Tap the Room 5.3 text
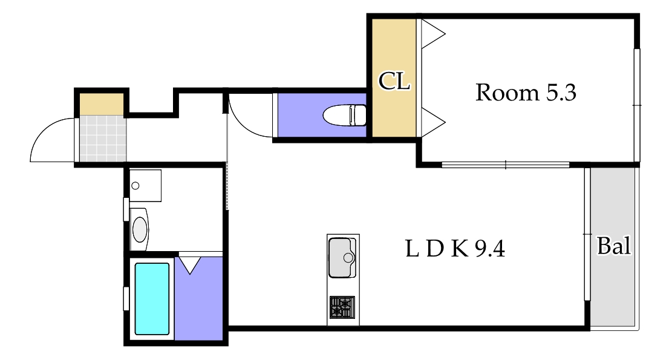526,93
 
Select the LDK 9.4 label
455,249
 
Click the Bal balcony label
614,246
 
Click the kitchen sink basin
342,258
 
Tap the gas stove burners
342,307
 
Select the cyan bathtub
152,299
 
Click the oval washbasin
140,230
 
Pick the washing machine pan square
145,186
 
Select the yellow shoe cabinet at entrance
102,104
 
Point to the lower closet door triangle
433,122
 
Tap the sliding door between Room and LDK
505,165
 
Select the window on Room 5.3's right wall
637,105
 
